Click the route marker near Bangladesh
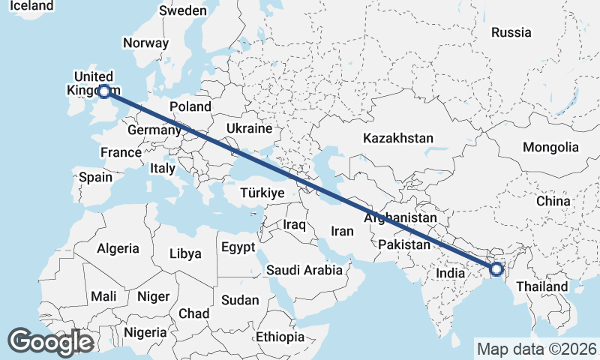pos(496,268)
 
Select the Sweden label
pos(183,10)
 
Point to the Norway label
pos(145,43)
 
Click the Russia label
pos(511,32)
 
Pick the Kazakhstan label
pos(398,138)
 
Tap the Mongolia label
pos(551,147)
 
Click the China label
pos(553,201)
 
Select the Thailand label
pos(541,286)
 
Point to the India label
pos(451,273)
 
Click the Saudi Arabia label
pos(304,269)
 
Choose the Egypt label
pos(238,247)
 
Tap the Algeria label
pos(118,248)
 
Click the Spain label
pos(95,178)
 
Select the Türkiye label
pos(262,193)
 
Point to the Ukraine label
pos(249,128)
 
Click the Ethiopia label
pos(280,337)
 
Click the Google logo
pos(50,341)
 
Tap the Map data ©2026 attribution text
pos(536,349)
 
